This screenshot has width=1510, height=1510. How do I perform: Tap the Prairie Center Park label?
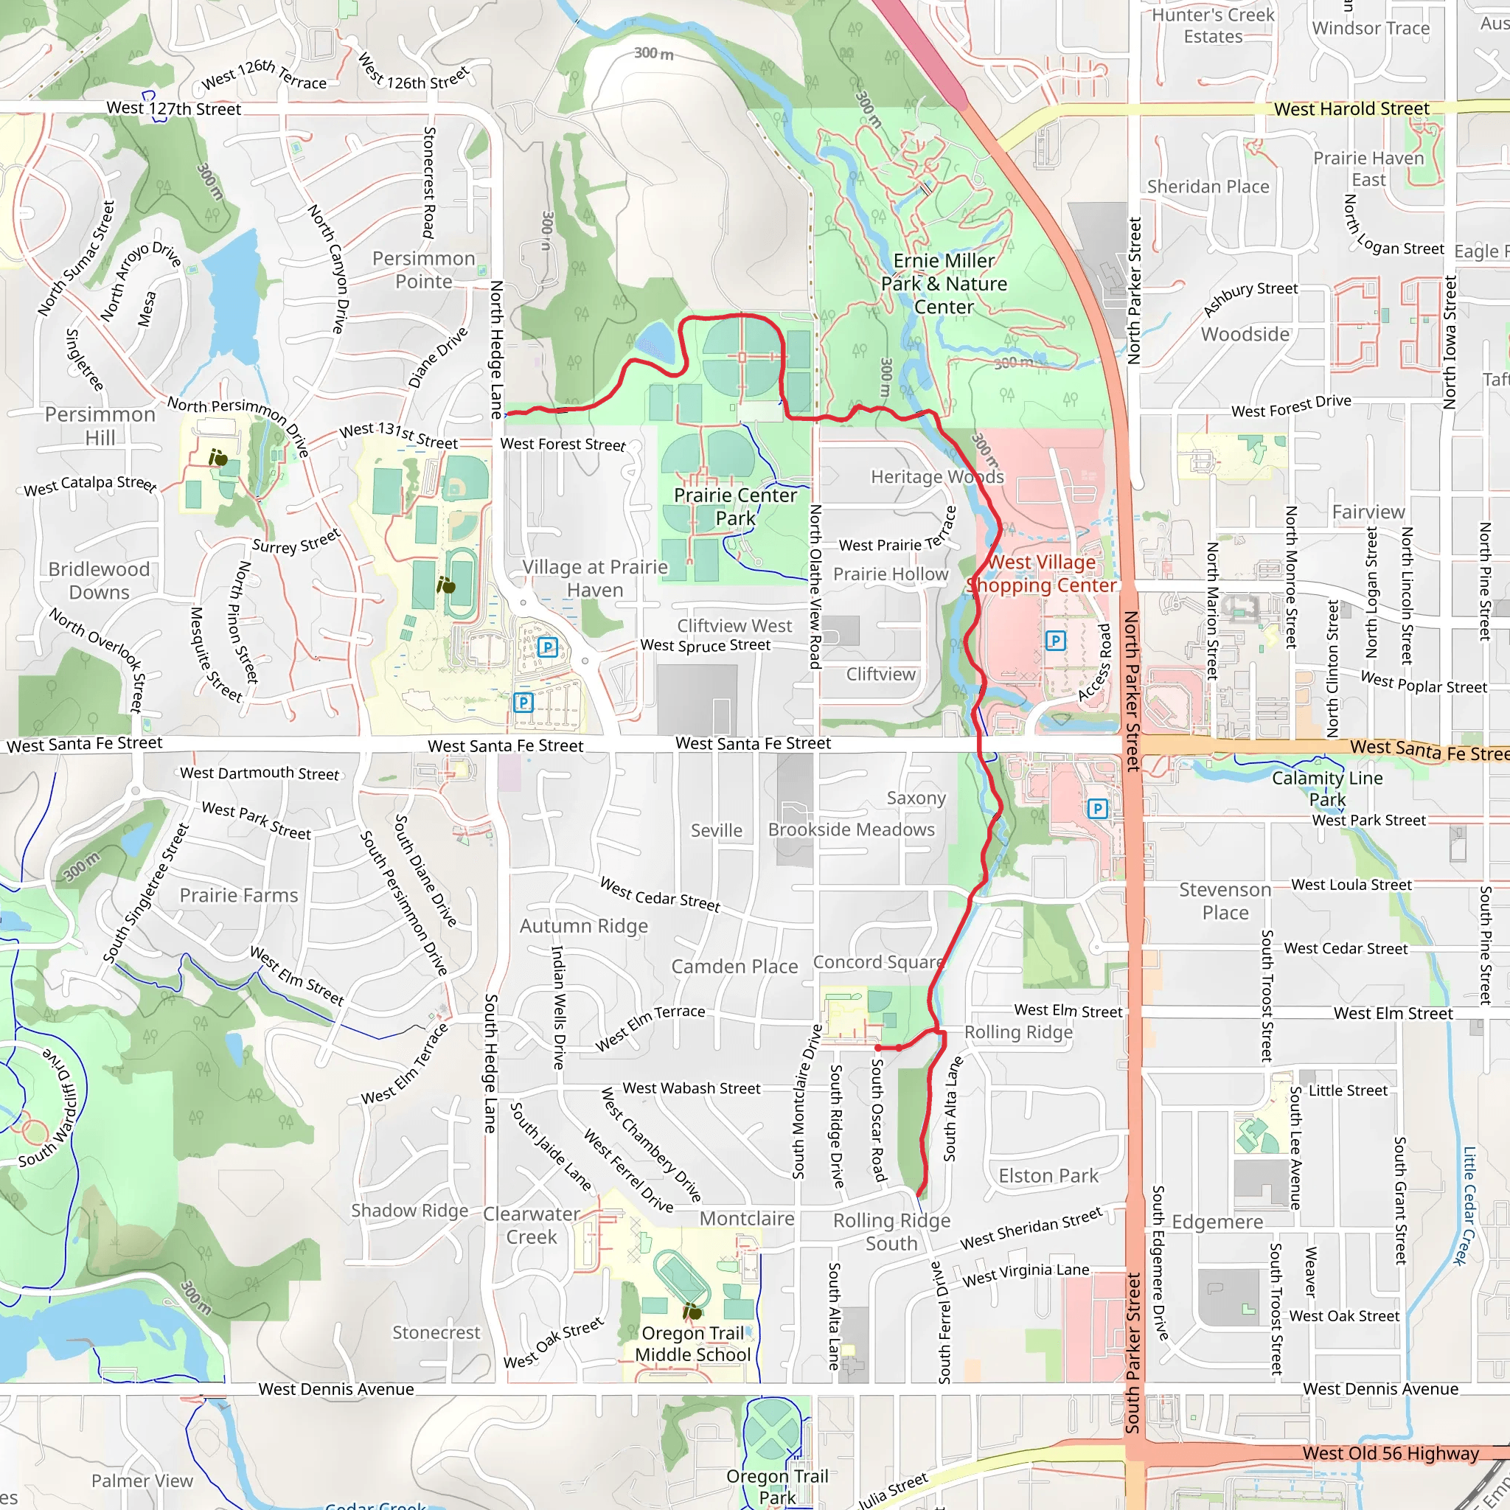734,507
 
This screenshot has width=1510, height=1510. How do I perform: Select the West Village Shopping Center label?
1042,574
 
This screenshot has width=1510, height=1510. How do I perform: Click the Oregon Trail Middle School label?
692,1343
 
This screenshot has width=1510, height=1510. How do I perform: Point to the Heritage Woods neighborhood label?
937,476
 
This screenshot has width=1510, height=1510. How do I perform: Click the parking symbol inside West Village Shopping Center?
1055,641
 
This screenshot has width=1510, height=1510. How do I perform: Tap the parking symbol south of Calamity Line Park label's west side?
1097,808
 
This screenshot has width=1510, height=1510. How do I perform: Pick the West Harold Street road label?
1351,108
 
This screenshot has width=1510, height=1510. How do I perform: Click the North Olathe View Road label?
815,586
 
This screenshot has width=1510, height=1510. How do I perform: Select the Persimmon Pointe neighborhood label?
424,270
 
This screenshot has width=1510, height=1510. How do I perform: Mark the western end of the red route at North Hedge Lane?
509,413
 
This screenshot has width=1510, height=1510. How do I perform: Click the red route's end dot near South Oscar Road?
877,1047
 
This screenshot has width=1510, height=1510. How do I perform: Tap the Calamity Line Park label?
1327,788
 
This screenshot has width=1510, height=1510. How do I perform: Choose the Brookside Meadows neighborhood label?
851,829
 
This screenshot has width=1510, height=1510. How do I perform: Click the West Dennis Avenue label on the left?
336,1389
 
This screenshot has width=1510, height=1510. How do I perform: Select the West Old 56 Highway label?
1391,1453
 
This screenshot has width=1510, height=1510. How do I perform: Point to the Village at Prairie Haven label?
595,578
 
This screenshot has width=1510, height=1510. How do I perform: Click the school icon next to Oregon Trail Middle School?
692,1311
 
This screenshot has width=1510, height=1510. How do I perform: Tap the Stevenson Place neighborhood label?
1225,900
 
